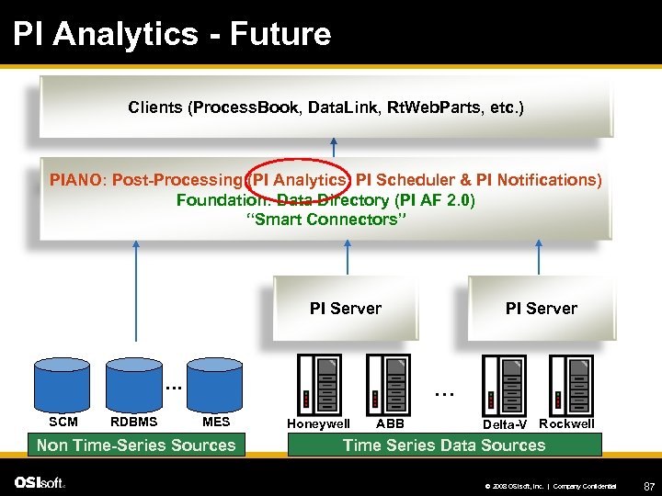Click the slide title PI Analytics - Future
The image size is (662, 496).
click(172, 35)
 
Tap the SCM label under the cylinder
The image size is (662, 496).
click(63, 423)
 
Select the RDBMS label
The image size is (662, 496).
click(133, 423)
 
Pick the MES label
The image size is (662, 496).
click(216, 423)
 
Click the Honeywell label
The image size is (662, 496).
click(318, 424)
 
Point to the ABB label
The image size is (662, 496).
click(390, 424)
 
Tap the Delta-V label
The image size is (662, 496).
click(505, 424)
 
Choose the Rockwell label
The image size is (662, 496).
click(566, 423)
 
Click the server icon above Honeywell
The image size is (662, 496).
click(318, 384)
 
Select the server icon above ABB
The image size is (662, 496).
click(387, 384)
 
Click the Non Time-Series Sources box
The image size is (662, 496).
click(136, 445)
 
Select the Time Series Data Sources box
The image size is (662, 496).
click(444, 445)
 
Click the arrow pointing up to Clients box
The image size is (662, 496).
click(334, 146)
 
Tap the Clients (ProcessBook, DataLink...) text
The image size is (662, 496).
click(325, 107)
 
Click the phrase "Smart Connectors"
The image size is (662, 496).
click(325, 219)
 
